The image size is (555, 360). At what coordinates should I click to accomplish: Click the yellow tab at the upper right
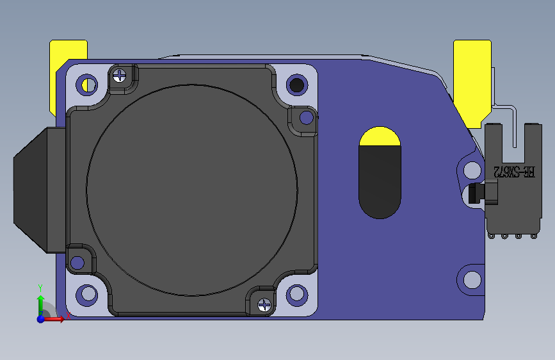coord(472,77)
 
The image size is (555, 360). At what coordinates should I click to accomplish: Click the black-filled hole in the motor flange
coord(296,84)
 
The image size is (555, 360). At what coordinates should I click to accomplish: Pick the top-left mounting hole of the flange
coord(86,84)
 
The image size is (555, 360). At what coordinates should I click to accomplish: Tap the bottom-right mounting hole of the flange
coord(296,294)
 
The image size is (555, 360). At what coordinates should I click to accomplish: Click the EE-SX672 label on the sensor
coord(514,172)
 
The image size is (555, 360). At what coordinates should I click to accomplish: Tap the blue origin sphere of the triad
coord(40,318)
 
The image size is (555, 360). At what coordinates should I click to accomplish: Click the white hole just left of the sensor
coord(472,170)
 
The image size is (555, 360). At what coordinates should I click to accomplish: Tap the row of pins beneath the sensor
coord(511,236)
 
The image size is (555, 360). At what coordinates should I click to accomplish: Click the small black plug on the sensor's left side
coord(475,193)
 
